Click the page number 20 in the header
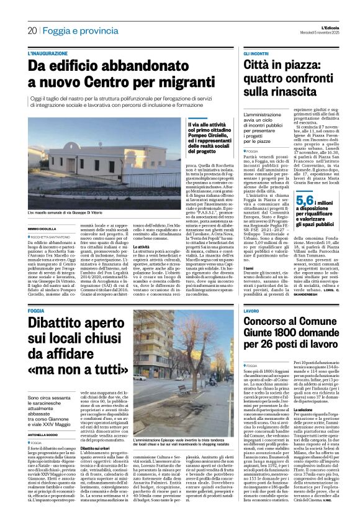pyautogui.click(x=32, y=30)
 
